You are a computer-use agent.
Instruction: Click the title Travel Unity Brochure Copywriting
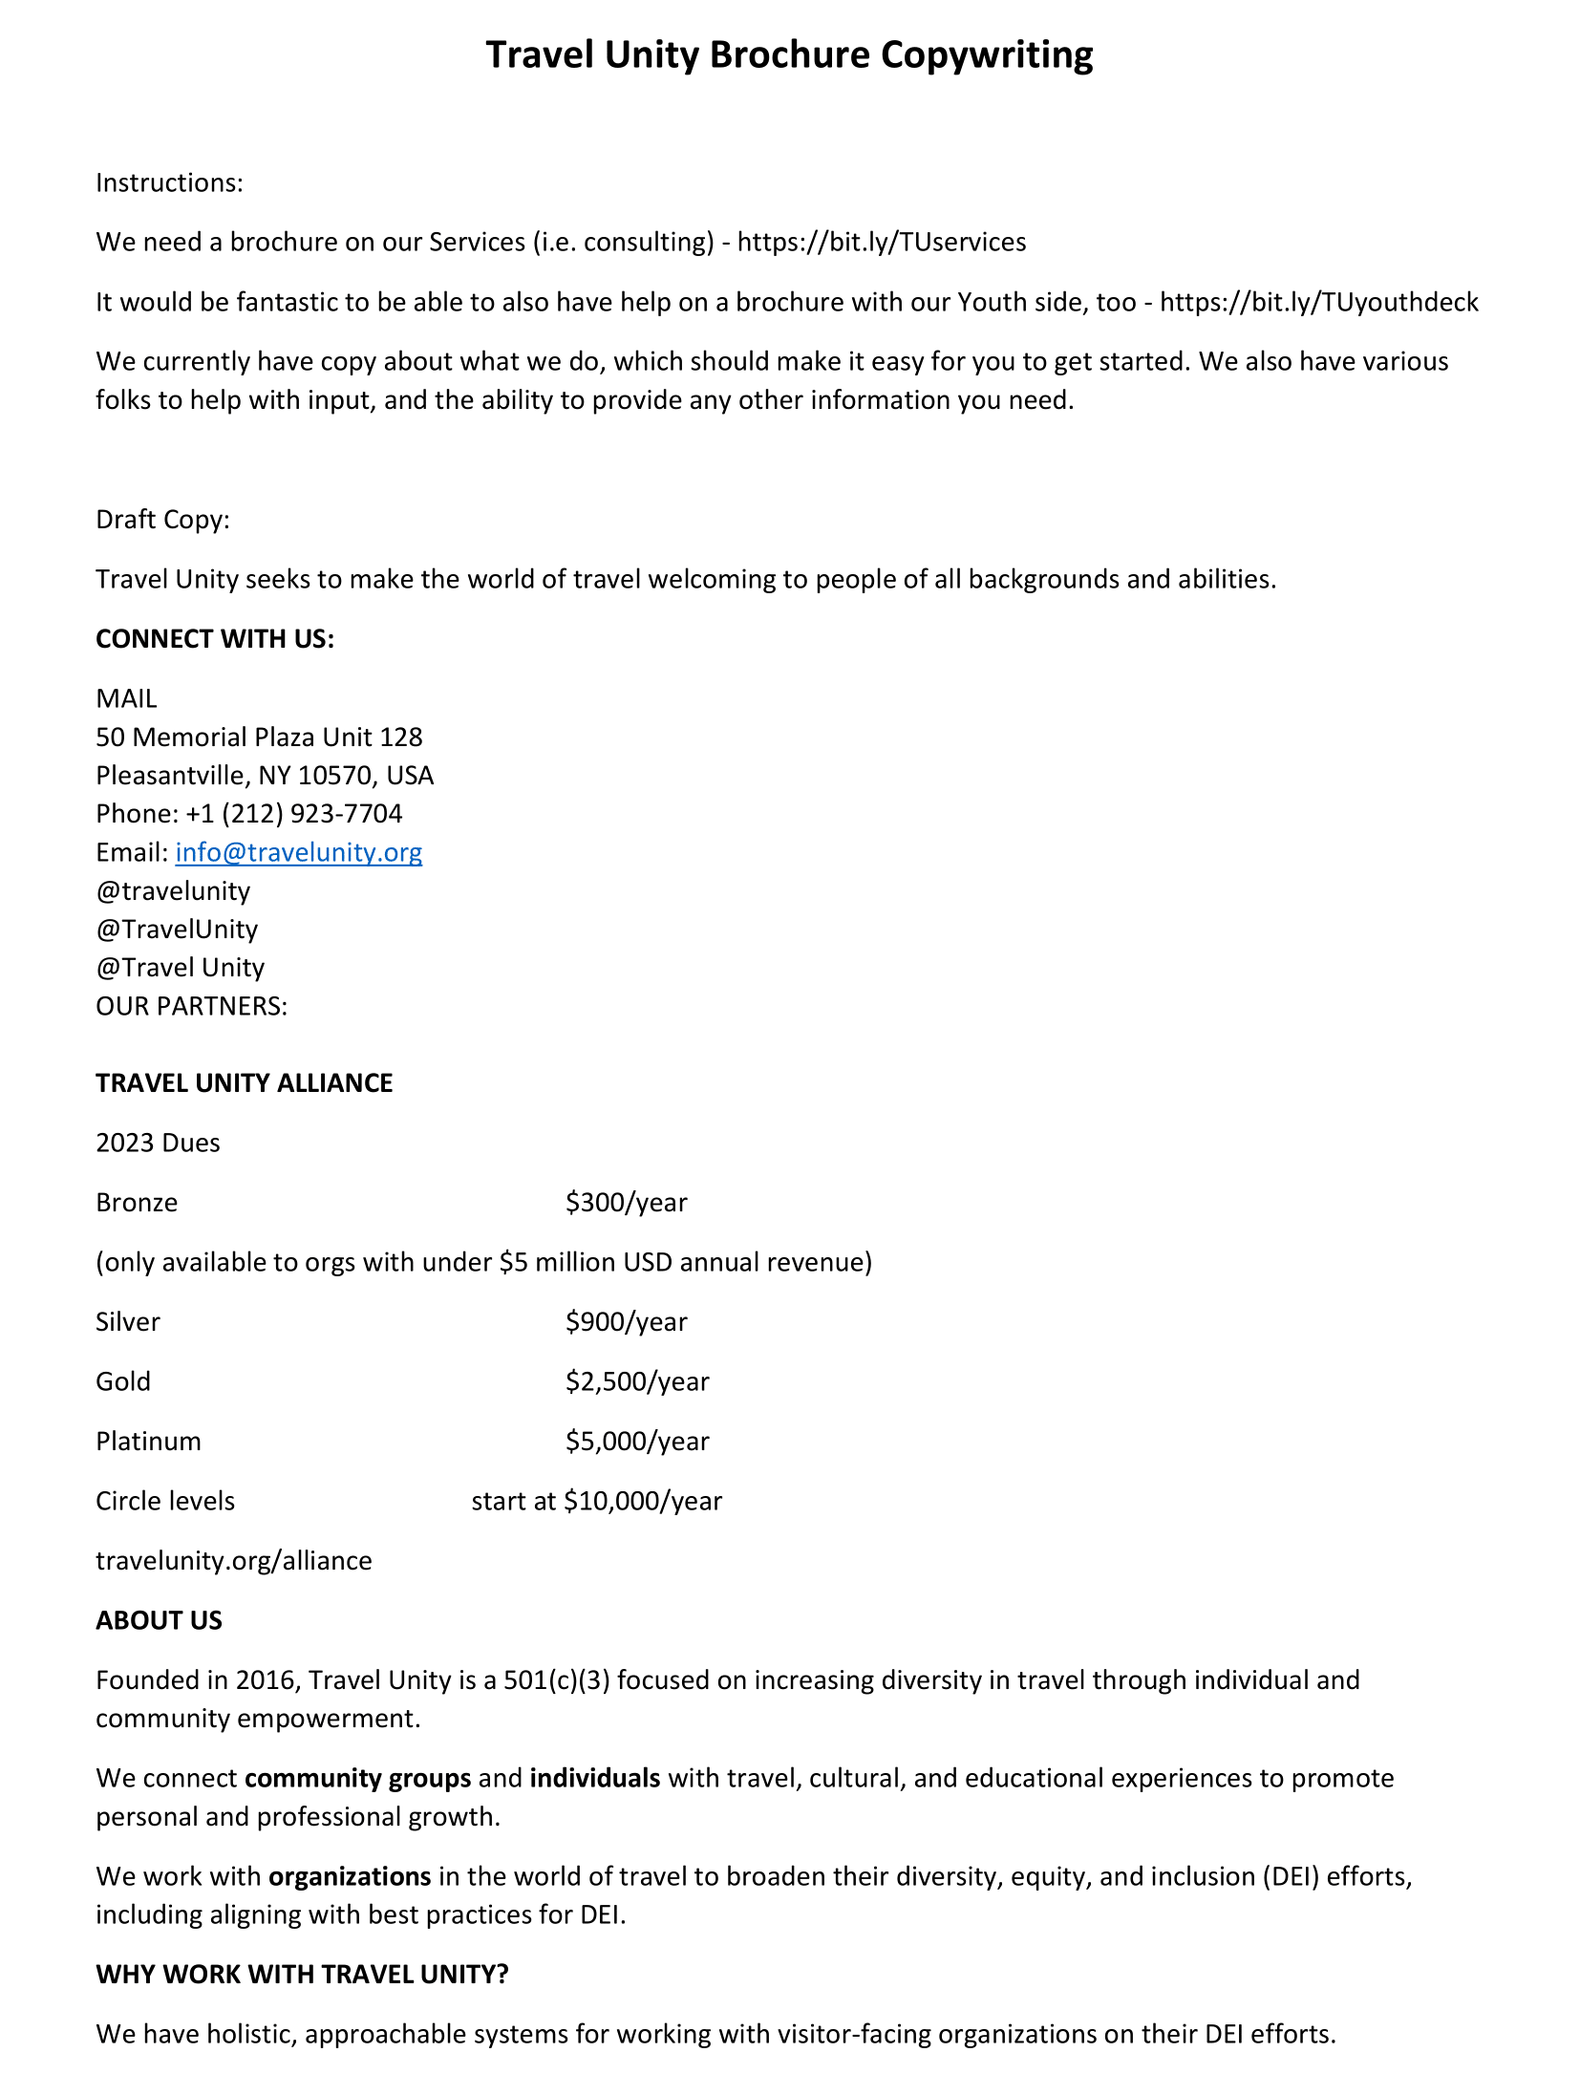tap(789, 55)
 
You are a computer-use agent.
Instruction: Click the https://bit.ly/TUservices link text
tap(881, 243)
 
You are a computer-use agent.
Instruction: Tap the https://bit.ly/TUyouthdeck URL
tap(1318, 303)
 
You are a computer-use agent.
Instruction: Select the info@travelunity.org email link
tap(298, 852)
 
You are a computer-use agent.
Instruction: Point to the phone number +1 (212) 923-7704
tap(293, 814)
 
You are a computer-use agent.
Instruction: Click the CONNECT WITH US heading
tap(215, 639)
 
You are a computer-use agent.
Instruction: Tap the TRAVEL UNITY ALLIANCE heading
tap(245, 1083)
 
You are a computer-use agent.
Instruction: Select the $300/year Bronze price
tap(626, 1203)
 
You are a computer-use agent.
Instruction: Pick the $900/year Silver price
tap(626, 1322)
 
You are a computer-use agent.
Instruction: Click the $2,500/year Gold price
tap(637, 1382)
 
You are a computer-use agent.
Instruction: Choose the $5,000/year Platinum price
tap(637, 1442)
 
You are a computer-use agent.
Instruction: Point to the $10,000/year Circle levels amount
tap(643, 1502)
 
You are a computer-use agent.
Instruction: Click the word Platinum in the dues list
tap(148, 1442)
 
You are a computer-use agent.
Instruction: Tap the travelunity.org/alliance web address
tap(234, 1561)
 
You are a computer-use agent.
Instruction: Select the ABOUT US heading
tap(159, 1621)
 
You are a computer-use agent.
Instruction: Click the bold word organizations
tap(350, 1877)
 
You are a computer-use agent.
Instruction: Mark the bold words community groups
tap(357, 1779)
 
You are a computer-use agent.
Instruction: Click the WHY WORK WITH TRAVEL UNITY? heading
tap(302, 1975)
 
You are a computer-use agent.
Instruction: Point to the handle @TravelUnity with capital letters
tap(177, 930)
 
